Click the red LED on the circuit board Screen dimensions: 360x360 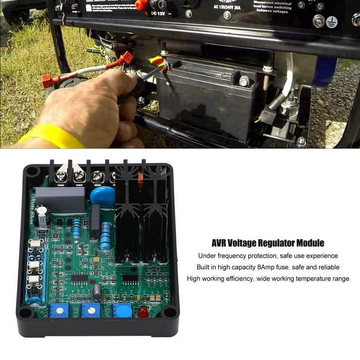pos(142,312)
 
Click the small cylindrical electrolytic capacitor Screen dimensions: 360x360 pos(42,217)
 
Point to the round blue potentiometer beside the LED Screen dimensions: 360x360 pos(123,310)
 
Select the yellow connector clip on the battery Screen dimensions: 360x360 pos(157,59)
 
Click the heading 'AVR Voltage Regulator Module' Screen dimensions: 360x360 pos(267,242)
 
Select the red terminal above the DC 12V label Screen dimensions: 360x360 pos(141,5)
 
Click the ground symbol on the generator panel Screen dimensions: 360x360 pos(332,22)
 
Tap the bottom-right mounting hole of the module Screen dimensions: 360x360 pos(169,312)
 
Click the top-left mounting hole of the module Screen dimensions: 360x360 pos(32,172)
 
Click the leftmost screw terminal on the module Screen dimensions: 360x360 pos(61,176)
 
